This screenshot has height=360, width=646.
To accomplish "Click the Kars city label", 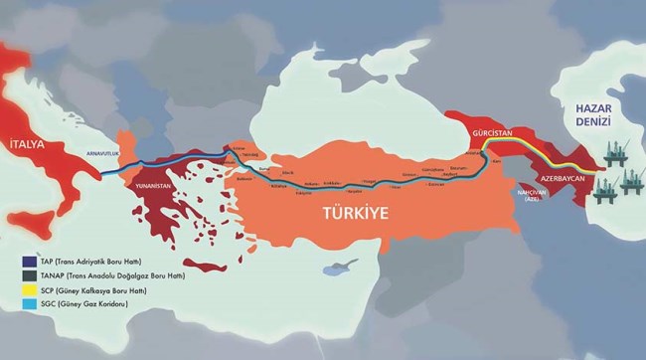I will [x=467, y=160].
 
